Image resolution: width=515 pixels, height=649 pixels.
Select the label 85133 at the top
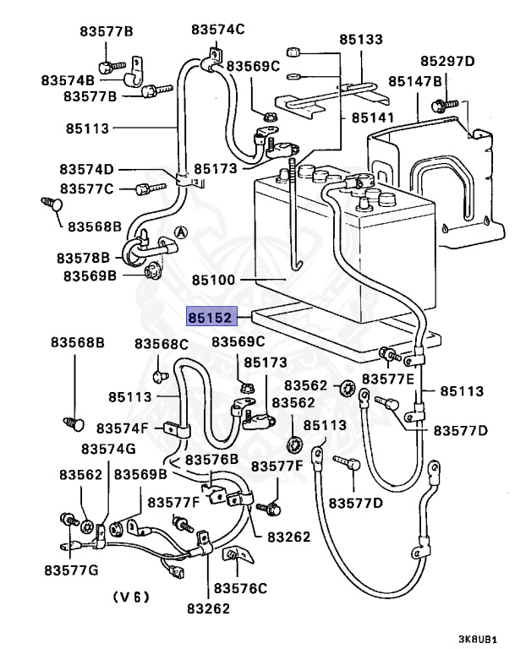tap(361, 39)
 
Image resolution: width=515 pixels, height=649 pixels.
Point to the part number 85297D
tap(447, 61)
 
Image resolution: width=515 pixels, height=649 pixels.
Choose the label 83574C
tap(217, 29)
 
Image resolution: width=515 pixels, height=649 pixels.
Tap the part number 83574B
tap(68, 80)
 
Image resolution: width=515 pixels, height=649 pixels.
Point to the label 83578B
tap(84, 257)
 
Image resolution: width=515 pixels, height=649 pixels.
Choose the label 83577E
tap(389, 379)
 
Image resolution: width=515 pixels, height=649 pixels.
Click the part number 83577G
tap(72, 570)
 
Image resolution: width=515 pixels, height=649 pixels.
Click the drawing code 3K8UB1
tap(478, 640)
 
